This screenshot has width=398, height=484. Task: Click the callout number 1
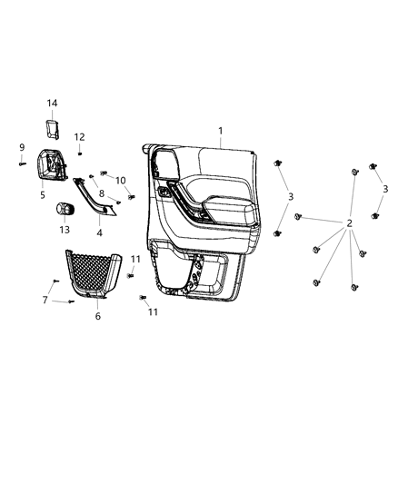(221, 131)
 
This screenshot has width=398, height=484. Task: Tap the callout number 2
(349, 223)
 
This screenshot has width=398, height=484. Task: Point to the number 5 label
(43, 194)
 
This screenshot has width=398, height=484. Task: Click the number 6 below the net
(98, 316)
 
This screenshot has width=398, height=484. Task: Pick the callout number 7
(45, 299)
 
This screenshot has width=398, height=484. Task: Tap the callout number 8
(102, 193)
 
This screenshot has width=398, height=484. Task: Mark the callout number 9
(21, 147)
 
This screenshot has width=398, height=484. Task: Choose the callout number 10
(121, 180)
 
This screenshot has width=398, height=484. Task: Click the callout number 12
(80, 137)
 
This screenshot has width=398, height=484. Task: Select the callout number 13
(64, 230)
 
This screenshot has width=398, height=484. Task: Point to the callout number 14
(53, 104)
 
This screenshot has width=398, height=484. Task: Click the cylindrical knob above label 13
(66, 209)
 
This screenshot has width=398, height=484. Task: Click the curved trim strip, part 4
(97, 199)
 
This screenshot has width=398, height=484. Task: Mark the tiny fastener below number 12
(80, 153)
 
